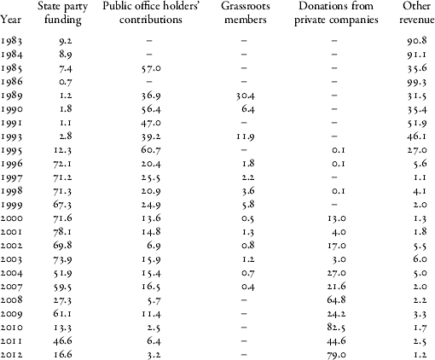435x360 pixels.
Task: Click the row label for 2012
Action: pos(13,351)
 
